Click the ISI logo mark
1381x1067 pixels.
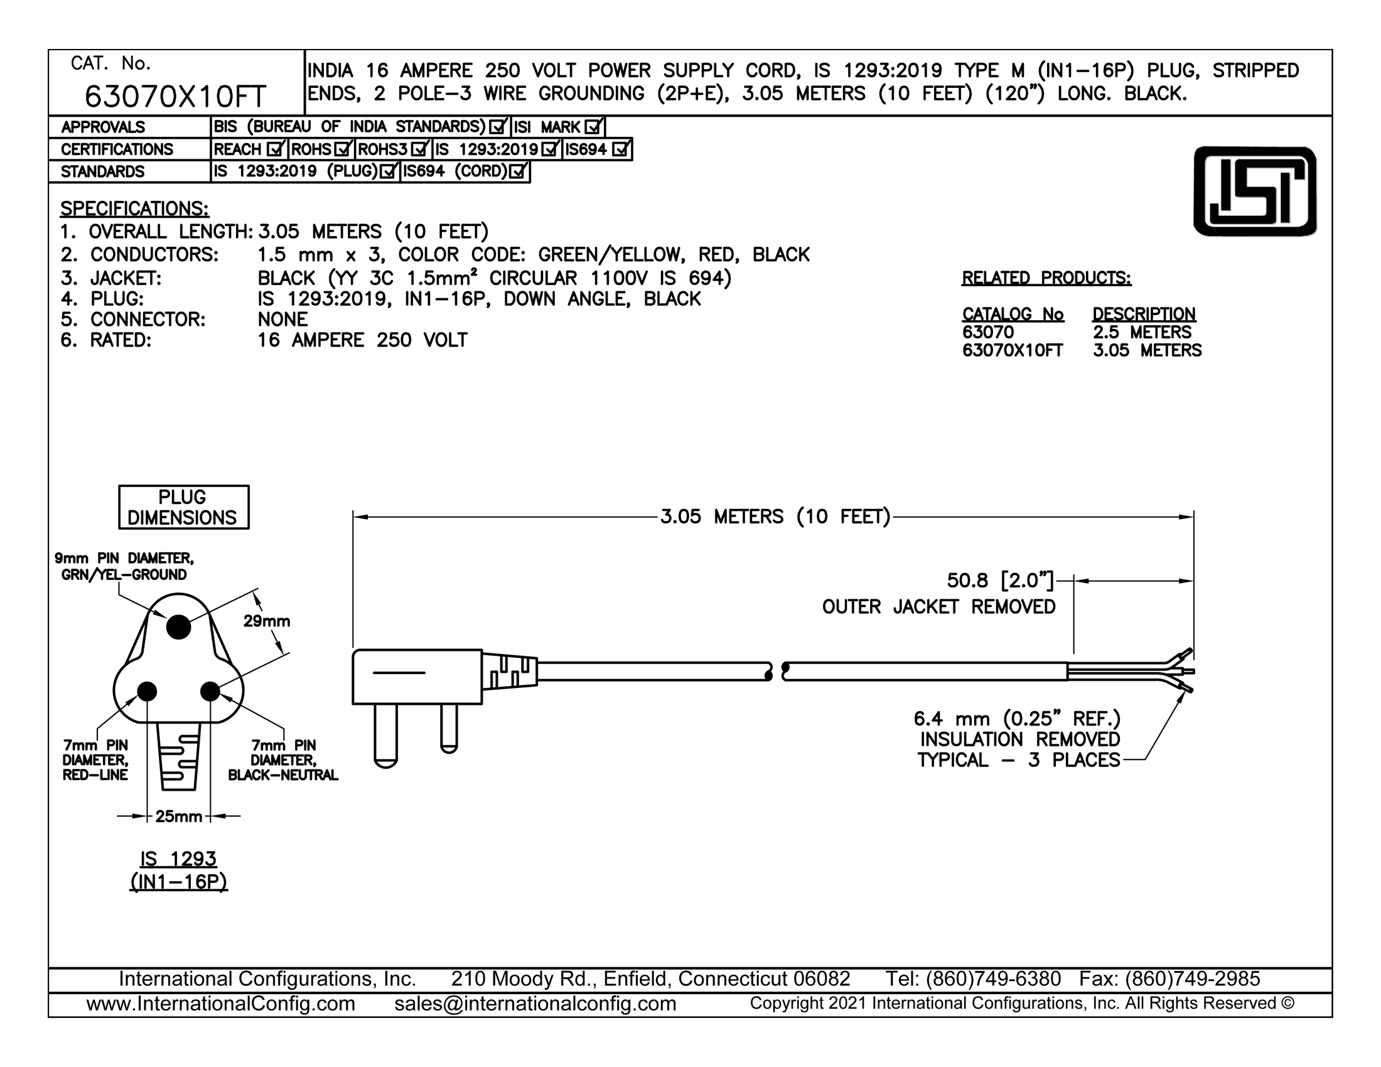pyautogui.click(x=1255, y=191)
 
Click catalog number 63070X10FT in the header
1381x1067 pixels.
pyautogui.click(x=175, y=97)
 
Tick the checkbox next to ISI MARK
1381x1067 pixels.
pyautogui.click(x=593, y=126)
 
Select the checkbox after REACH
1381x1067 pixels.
pyautogui.click(x=275, y=149)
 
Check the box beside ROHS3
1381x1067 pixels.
pyautogui.click(x=419, y=149)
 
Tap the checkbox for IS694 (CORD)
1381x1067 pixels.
pyautogui.click(x=518, y=171)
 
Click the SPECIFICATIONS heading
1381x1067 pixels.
pyautogui.click(x=134, y=208)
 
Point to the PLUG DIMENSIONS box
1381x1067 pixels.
pyautogui.click(x=183, y=507)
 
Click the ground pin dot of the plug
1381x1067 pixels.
pyautogui.click(x=178, y=627)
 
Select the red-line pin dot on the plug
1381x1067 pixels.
pyautogui.click(x=147, y=692)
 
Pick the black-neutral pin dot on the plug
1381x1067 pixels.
pyautogui.click(x=210, y=692)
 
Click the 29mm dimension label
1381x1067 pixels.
pyautogui.click(x=267, y=621)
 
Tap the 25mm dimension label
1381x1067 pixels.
pyautogui.click(x=179, y=817)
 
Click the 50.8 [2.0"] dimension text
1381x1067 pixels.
pyautogui.click(x=1001, y=581)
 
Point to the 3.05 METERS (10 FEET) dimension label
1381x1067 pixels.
pyautogui.click(x=775, y=517)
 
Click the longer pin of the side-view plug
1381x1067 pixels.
pyautogui.click(x=385, y=736)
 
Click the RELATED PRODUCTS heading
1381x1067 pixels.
pyautogui.click(x=1046, y=278)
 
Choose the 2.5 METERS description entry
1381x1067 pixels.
pyautogui.click(x=1142, y=333)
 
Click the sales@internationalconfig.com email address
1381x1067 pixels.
pyautogui.click(x=535, y=1004)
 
